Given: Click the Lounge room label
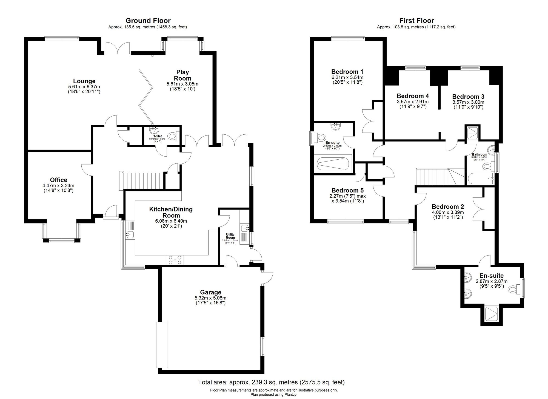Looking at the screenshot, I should click(x=84, y=81).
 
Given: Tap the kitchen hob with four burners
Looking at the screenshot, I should click(x=175, y=260).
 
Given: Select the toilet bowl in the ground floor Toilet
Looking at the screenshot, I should click(x=173, y=136).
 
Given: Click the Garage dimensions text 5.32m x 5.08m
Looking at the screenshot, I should click(x=210, y=298).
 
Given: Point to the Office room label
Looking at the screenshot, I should click(x=58, y=180).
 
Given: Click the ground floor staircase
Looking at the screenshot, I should click(x=141, y=180).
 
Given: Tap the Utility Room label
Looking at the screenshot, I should click(x=230, y=236).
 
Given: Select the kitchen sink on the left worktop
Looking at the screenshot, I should click(x=129, y=234).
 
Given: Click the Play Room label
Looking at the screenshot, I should click(x=182, y=75).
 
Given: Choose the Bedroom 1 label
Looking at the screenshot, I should click(x=347, y=72).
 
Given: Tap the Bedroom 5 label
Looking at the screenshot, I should click(x=347, y=190).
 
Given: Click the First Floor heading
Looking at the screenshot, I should click(x=416, y=21).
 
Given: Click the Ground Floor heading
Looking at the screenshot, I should click(x=148, y=21).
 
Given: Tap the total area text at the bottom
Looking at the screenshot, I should click(x=271, y=382).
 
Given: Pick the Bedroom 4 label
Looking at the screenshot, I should click(x=413, y=96).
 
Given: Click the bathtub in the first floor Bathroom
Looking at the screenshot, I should click(x=480, y=179).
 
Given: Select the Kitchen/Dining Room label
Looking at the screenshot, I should click(x=171, y=212).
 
